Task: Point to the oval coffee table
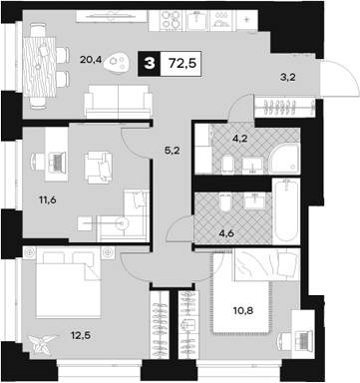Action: point(121,63)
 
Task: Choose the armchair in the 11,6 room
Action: point(99,164)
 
